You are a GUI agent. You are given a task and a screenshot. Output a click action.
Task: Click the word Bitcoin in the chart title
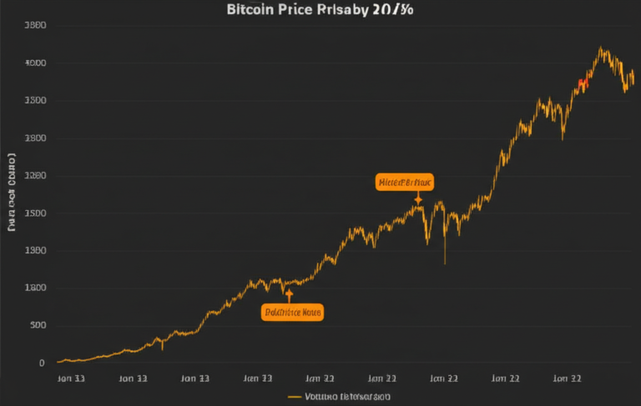point(250,11)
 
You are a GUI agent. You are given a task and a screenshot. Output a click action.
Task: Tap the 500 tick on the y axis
point(38,325)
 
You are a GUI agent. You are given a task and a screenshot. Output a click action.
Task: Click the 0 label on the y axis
point(41,363)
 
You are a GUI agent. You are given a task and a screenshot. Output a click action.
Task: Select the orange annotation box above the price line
point(405,182)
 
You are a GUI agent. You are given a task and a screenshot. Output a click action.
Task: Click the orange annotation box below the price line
point(291,313)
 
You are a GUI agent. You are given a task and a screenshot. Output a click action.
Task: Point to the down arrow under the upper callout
point(418,198)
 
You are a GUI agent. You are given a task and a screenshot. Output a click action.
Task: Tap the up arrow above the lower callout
point(289,295)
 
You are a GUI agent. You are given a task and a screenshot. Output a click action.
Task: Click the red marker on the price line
point(583,83)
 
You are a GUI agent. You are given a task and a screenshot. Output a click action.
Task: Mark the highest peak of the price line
point(602,48)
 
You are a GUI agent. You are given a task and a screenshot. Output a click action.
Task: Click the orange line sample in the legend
point(294,397)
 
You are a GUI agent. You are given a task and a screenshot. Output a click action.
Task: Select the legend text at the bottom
point(347,397)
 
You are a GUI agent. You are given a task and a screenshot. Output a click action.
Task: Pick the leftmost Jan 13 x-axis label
point(70,378)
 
